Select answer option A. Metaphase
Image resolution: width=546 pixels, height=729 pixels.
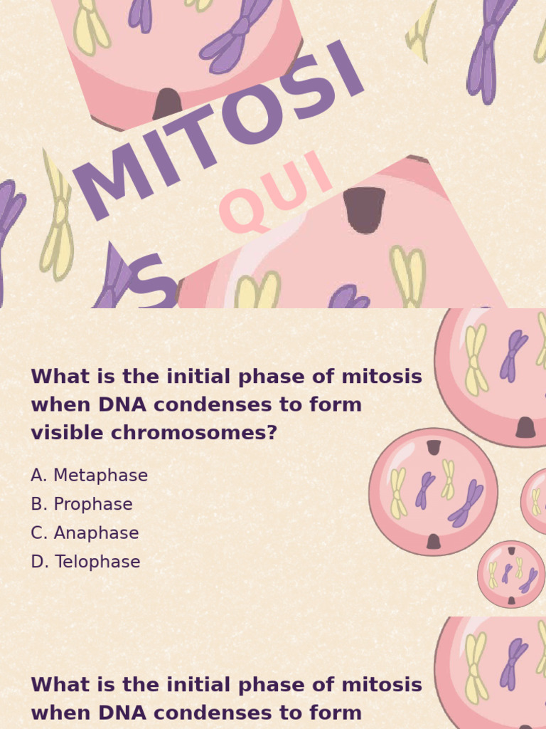[89, 476]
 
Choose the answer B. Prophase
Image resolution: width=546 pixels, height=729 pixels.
[82, 505]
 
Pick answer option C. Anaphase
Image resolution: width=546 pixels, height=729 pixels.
[85, 533]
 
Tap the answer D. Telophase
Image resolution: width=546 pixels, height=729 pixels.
[85, 562]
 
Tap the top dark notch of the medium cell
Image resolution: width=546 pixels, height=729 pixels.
[434, 447]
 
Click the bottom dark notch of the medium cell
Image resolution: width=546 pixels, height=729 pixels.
[433, 542]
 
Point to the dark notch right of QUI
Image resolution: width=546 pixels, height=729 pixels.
[364, 209]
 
